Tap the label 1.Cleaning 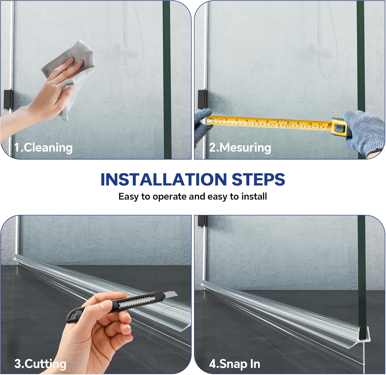pos(43,148)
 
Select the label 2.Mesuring pos(240,148)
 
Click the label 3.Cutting pos(40,364)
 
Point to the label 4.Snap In pos(234,364)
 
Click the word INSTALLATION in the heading pos(163,179)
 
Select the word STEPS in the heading pos(258,179)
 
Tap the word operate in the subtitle pos(169,197)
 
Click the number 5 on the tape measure pos(257,121)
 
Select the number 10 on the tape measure pos(310,124)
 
